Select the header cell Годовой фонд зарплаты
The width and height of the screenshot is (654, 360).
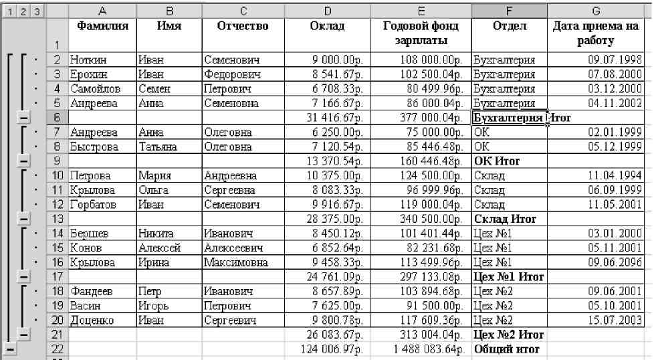[x=421, y=33]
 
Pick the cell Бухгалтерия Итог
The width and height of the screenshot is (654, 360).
[x=508, y=118]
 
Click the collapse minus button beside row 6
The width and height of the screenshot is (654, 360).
[x=23, y=118]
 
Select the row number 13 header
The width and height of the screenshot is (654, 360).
[x=58, y=218]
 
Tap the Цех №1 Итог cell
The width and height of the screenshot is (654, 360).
[x=508, y=276]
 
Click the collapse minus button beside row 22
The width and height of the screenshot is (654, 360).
[x=10, y=349]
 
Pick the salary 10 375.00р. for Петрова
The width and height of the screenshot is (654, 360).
[x=338, y=175]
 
